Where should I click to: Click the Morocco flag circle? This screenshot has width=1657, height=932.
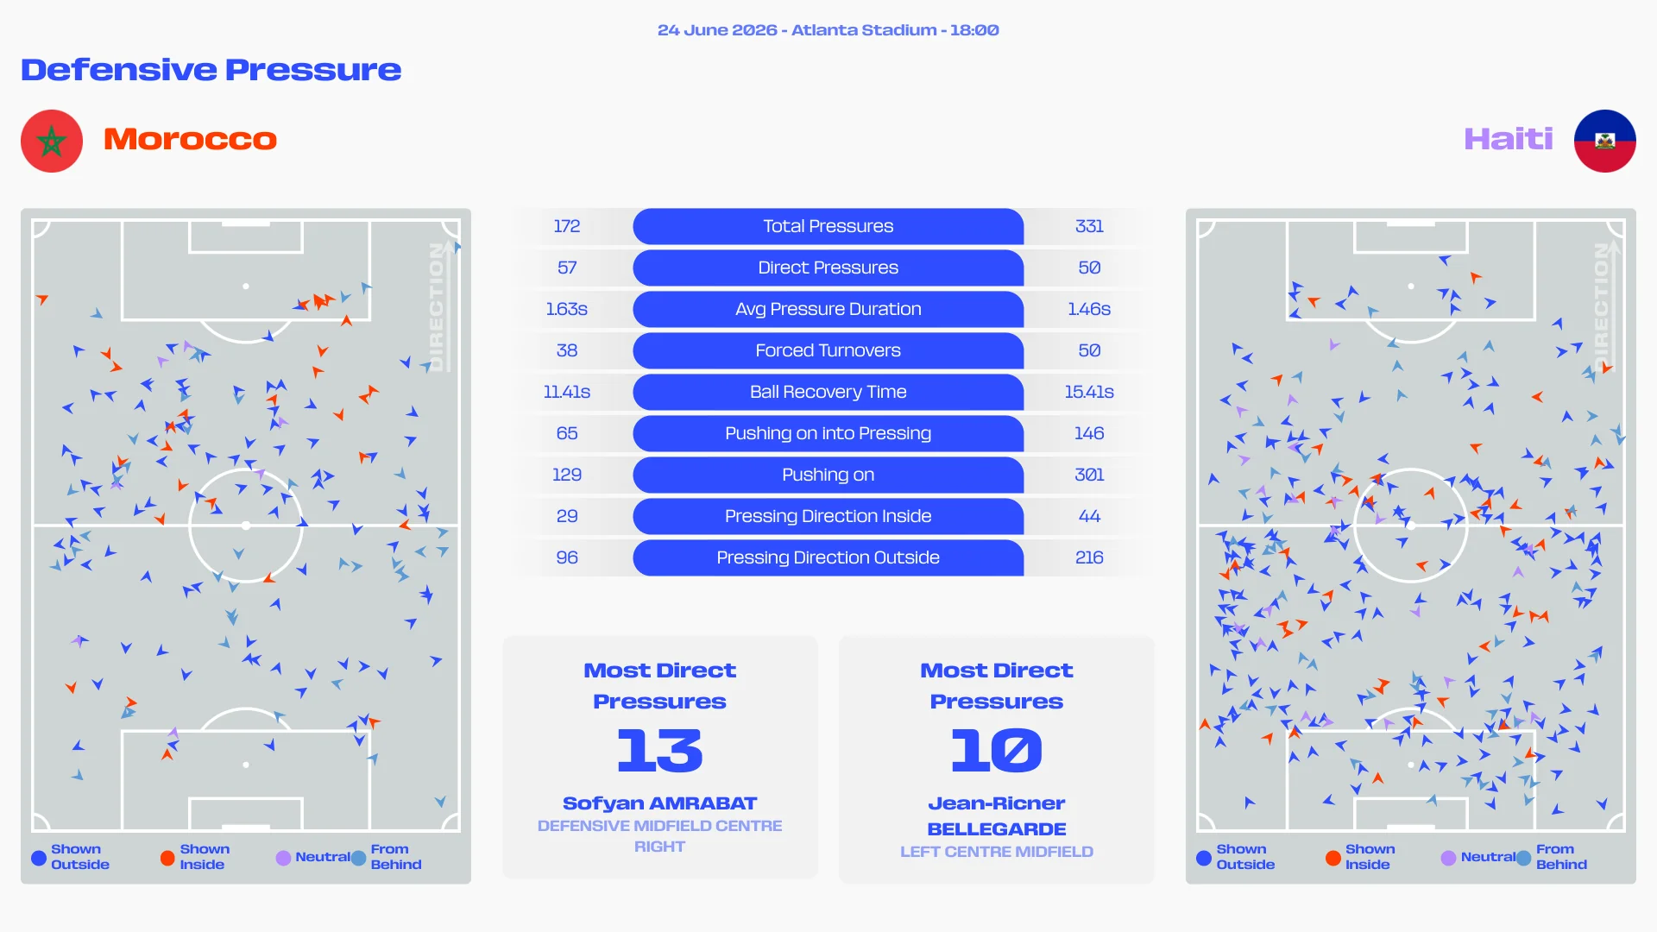click(x=52, y=141)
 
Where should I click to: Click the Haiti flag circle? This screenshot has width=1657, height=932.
click(x=1605, y=141)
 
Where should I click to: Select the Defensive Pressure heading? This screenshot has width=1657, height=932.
click(x=211, y=70)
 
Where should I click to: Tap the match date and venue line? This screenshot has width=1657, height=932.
click(x=828, y=30)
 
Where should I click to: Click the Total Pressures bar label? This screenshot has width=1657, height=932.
click(x=828, y=226)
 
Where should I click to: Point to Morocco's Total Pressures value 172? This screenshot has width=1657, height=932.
click(x=567, y=226)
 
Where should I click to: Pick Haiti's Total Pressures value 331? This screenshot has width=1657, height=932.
click(x=1089, y=226)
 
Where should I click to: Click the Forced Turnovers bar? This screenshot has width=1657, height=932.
click(x=828, y=350)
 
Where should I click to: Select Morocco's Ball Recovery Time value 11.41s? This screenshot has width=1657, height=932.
click(x=567, y=392)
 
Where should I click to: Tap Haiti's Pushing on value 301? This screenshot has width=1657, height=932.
click(x=1089, y=475)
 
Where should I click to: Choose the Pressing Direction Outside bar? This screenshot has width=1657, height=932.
click(x=828, y=557)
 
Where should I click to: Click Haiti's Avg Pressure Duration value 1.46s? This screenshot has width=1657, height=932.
click(x=1089, y=309)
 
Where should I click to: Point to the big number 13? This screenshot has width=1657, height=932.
click(x=660, y=750)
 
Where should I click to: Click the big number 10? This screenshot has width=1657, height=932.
click(x=997, y=750)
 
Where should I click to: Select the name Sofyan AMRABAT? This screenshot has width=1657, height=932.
click(x=660, y=803)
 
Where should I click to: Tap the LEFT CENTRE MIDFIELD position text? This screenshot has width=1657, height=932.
click(x=997, y=852)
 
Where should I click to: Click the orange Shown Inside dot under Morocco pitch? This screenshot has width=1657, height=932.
click(x=167, y=858)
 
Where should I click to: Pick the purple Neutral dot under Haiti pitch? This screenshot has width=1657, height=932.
click(x=1448, y=858)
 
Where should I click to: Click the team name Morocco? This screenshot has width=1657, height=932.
click(x=190, y=139)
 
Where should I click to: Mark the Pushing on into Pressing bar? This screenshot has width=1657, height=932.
click(x=828, y=433)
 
